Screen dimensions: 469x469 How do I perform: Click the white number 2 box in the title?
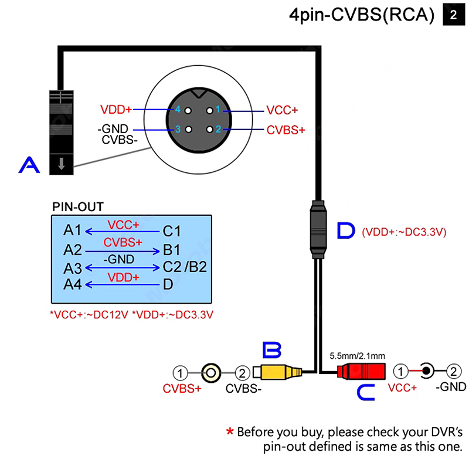(x=453, y=16)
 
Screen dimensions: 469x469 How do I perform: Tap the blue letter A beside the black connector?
(x=29, y=165)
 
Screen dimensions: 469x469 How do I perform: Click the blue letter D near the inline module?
(x=346, y=231)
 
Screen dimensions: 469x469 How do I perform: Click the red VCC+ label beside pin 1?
(x=282, y=110)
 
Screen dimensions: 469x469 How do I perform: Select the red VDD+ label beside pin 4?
(x=116, y=110)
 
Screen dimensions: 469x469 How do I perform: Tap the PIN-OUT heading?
(x=78, y=206)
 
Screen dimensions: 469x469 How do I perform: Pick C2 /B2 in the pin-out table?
(x=185, y=267)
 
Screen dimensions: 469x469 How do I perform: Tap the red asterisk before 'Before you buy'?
(x=230, y=432)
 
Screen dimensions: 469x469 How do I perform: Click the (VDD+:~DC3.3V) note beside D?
(x=405, y=232)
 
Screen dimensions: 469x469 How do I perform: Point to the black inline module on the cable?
(x=317, y=229)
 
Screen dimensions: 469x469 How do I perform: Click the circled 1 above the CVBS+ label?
(x=182, y=372)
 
